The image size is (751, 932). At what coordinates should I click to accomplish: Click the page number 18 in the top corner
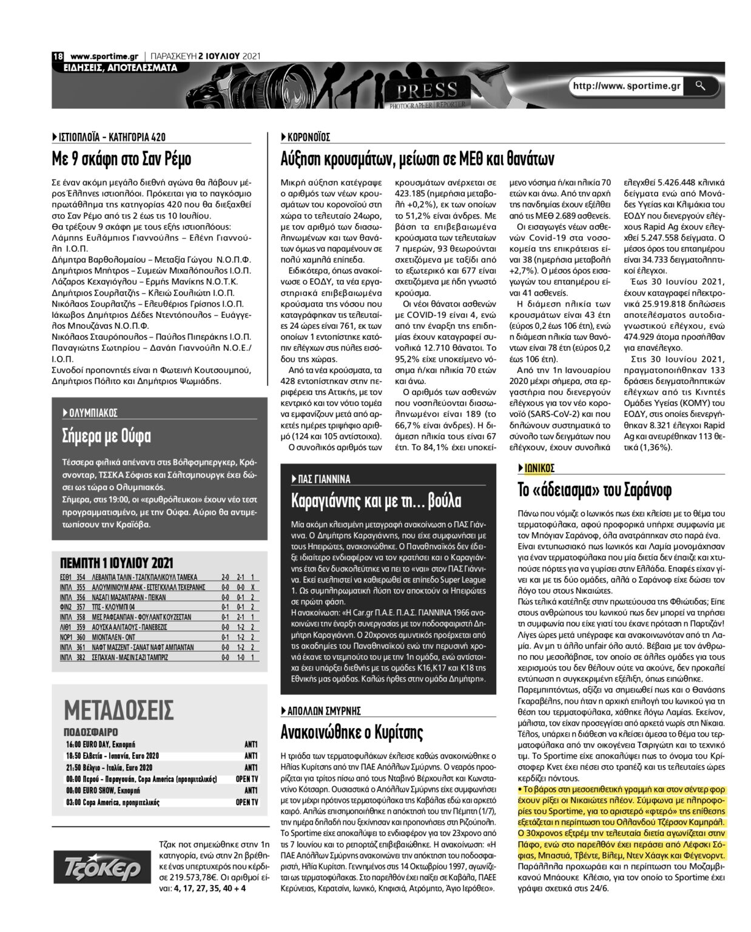[x=58, y=56]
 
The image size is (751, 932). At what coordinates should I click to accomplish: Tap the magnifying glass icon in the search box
[x=701, y=86]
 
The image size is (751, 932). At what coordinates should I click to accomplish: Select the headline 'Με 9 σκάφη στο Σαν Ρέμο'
[x=121, y=160]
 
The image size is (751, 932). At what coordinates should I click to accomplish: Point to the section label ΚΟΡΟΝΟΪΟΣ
[x=308, y=137]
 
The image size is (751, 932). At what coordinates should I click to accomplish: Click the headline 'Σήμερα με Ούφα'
[x=107, y=436]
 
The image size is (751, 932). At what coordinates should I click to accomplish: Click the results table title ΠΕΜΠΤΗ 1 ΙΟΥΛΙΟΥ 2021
[x=116, y=562]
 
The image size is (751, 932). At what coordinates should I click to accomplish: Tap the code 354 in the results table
[x=80, y=578]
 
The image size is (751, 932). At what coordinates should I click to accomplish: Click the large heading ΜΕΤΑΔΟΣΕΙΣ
[x=119, y=709]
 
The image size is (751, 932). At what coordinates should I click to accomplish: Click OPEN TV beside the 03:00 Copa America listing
[x=247, y=802]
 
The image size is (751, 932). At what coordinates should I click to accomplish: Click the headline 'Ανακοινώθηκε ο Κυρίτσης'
[x=352, y=733]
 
